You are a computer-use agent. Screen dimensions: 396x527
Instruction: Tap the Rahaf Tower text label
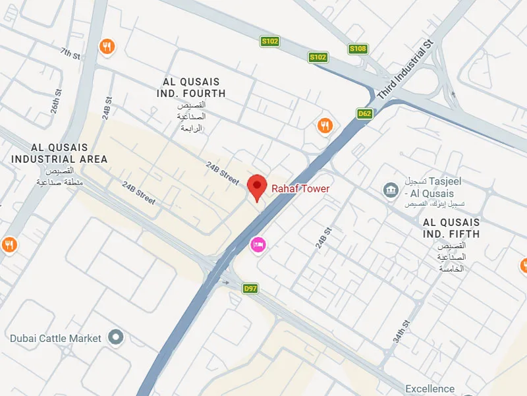pos(300,189)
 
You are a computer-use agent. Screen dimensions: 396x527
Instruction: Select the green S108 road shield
pos(358,49)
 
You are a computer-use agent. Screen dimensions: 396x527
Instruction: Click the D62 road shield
pos(364,114)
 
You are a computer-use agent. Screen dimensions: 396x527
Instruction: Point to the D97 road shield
pos(250,289)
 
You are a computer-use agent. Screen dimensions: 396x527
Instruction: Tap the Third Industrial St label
pos(406,70)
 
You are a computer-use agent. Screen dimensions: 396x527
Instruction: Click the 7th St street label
pos(70,53)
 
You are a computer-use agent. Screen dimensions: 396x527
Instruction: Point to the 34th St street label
pos(401,331)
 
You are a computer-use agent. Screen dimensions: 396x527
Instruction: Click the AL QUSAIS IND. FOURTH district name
pos(194,88)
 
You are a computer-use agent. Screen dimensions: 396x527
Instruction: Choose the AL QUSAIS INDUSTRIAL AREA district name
pos(59,154)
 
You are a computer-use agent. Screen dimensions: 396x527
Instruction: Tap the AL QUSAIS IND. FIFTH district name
pos(451,228)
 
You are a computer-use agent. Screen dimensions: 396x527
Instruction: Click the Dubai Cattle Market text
pos(56,338)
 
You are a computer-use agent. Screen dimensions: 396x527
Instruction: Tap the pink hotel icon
pos(258,244)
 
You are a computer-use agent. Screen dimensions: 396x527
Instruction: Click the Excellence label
pos(430,389)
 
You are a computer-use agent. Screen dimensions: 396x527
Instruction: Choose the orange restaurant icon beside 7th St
pos(107,46)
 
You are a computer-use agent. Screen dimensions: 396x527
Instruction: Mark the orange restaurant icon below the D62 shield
pos(325,125)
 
